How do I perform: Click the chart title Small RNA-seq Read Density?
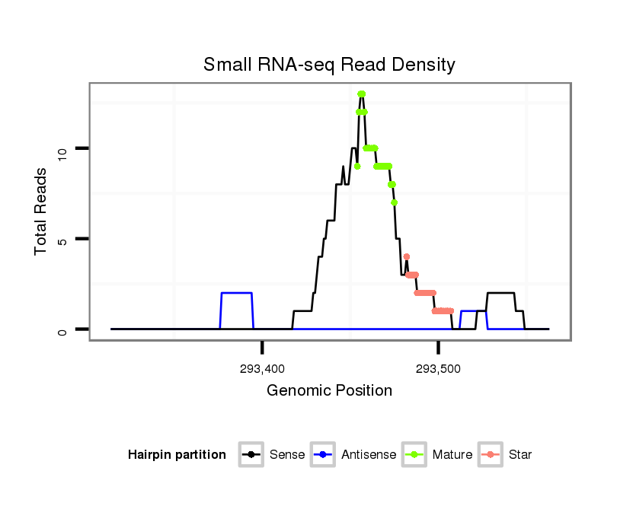pyautogui.click(x=329, y=65)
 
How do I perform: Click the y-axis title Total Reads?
pyautogui.click(x=42, y=212)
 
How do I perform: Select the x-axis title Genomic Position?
pyautogui.click(x=329, y=390)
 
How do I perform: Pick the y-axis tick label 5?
pyautogui.click(x=63, y=240)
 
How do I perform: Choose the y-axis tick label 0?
pyautogui.click(x=63, y=331)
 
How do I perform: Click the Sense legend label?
pyautogui.click(x=287, y=455)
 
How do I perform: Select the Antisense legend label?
pyautogui.click(x=369, y=455)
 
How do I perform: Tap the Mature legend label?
pyautogui.click(x=452, y=455)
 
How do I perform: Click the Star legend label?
pyautogui.click(x=520, y=455)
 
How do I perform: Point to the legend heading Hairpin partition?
pyautogui.click(x=177, y=455)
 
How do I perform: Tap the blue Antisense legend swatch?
pyautogui.click(x=324, y=455)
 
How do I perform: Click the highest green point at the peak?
pyautogui.click(x=361, y=94)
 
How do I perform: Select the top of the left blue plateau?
pyautogui.click(x=236, y=293)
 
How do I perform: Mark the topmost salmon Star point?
pyautogui.click(x=406, y=257)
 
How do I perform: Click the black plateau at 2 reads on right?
pyautogui.click(x=500, y=293)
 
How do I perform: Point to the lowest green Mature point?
pyautogui.click(x=394, y=202)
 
